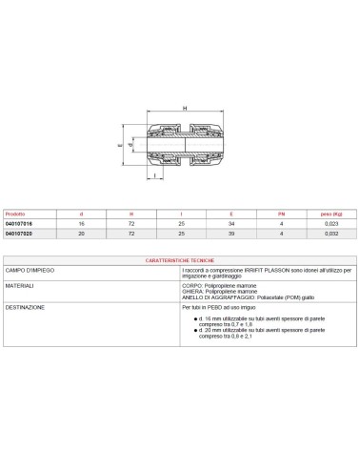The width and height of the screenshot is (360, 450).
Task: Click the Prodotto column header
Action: (18, 213)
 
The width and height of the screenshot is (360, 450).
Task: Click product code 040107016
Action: (21, 222)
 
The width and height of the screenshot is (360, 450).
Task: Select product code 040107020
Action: (21, 232)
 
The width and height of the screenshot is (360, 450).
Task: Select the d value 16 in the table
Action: (83, 222)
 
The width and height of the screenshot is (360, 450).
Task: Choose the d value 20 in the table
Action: (83, 232)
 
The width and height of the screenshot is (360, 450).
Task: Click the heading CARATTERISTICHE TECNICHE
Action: (181, 259)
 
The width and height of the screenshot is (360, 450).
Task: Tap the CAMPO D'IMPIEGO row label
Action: (31, 271)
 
